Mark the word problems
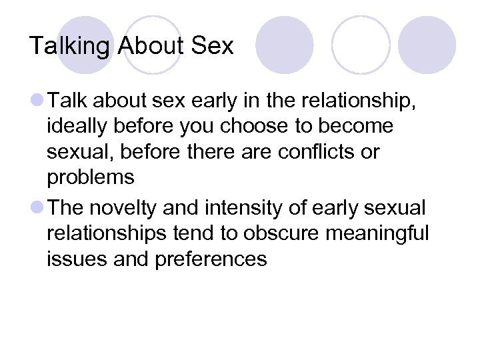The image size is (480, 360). pyautogui.click(x=91, y=178)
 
